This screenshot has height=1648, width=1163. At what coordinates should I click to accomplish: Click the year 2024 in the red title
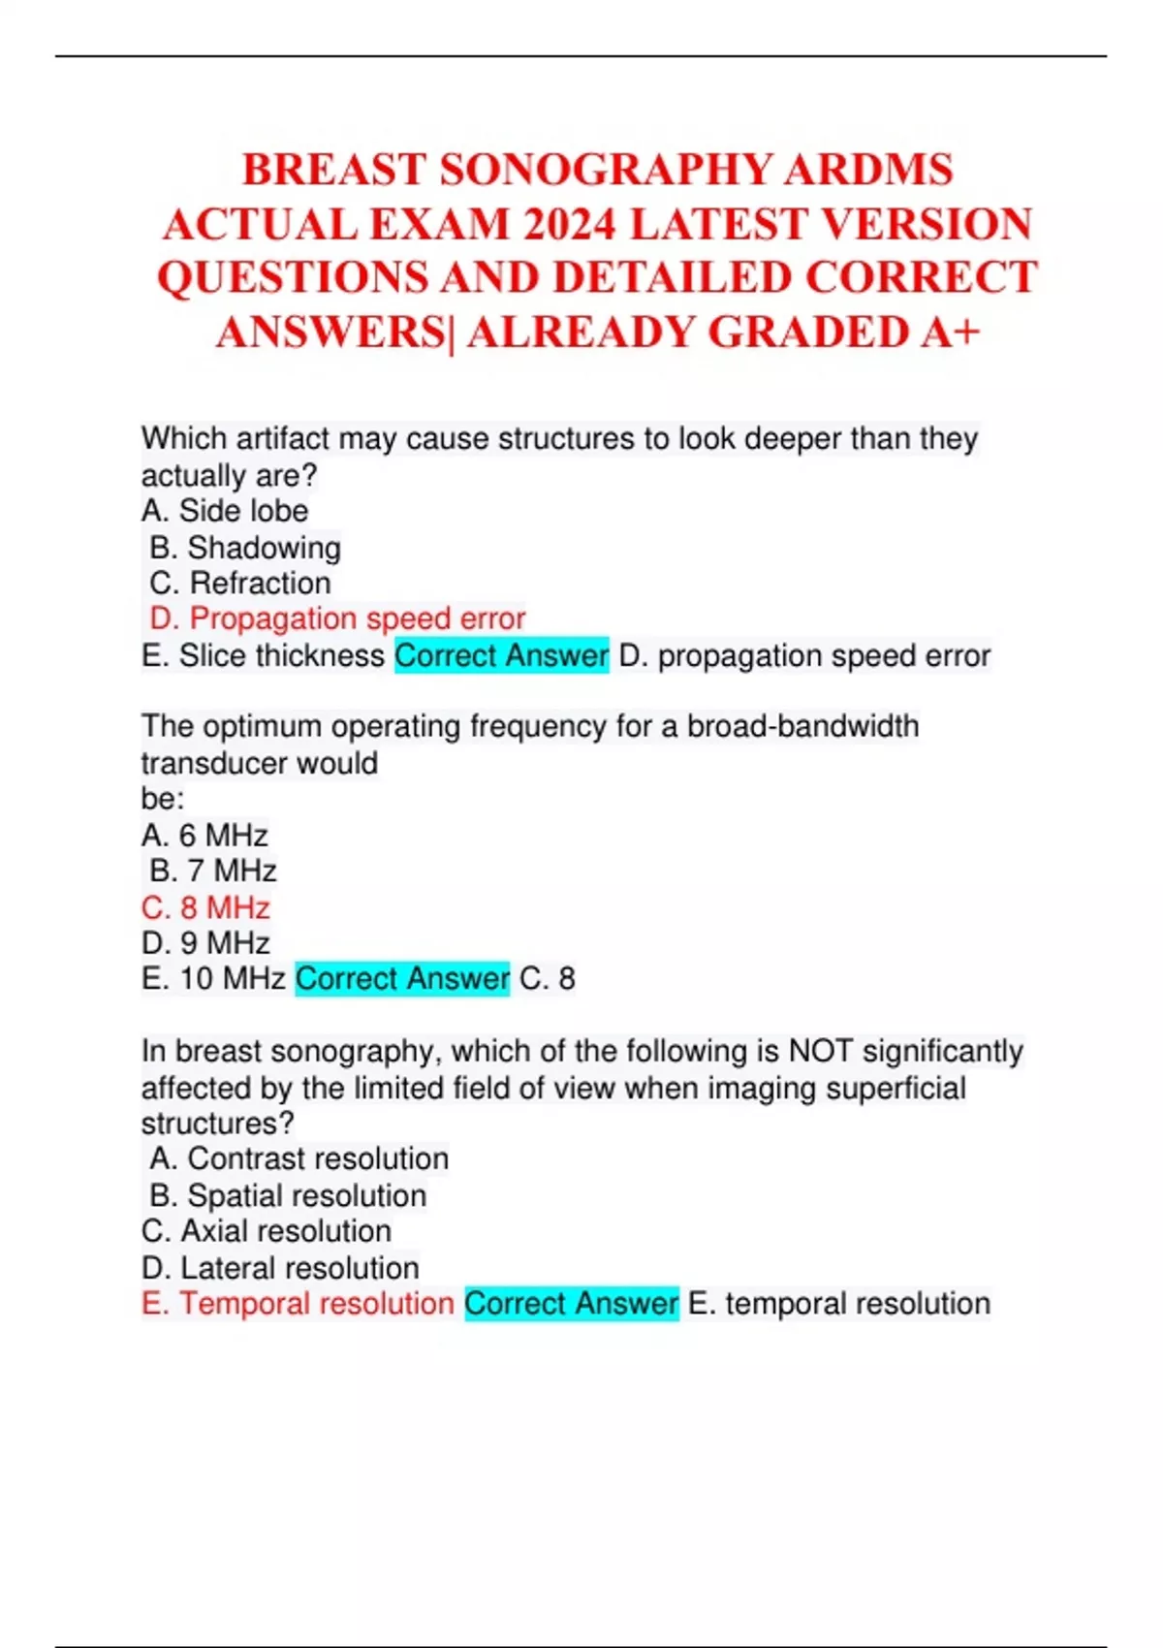pos(570,225)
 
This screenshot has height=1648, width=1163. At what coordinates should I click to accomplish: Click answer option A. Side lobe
pos(225,511)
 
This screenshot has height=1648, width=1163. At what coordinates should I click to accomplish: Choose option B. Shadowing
pos(245,548)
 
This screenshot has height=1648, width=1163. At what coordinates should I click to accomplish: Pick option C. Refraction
pos(240,584)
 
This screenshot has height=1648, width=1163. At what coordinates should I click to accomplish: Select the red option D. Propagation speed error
pos(337,618)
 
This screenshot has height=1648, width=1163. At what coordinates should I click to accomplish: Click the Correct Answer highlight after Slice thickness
pos(501,656)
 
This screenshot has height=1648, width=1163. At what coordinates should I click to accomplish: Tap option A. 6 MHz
pos(204,835)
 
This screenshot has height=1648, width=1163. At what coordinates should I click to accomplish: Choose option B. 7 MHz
pos(213,871)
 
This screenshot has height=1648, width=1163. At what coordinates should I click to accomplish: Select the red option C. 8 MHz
pos(205,907)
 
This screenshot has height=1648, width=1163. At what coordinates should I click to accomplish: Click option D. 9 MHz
pos(205,943)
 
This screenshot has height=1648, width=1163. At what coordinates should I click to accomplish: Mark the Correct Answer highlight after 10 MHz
pos(402,979)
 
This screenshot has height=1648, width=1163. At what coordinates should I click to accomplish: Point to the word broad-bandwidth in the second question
pos(802,726)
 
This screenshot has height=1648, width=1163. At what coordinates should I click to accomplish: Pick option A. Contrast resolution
pos(299,1158)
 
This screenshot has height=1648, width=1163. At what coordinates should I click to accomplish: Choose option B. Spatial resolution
pos(288,1195)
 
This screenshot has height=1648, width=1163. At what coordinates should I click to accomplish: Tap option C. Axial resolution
pos(267,1231)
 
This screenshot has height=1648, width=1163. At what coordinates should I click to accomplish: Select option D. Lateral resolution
pos(280,1268)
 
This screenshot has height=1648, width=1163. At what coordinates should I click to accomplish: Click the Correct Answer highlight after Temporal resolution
pos(571,1304)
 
